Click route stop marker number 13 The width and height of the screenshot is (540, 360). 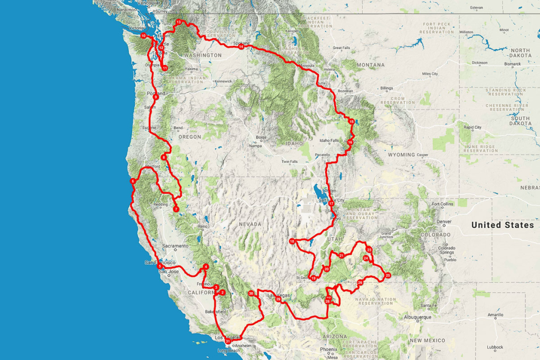[x=179, y=22]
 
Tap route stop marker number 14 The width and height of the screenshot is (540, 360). [x=241, y=47]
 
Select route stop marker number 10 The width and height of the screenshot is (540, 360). [x=143, y=36]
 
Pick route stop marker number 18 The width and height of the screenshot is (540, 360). [x=292, y=241]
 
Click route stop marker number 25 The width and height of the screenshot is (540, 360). [x=388, y=275]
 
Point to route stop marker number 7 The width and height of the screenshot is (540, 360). [x=176, y=209]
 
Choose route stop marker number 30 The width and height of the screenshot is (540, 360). [x=251, y=294]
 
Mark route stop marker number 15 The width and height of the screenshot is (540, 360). [x=351, y=122]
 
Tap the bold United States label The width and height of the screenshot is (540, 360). [x=502, y=225]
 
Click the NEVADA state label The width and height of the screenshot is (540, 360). [x=250, y=224]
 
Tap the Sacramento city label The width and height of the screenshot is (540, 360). [x=175, y=246]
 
